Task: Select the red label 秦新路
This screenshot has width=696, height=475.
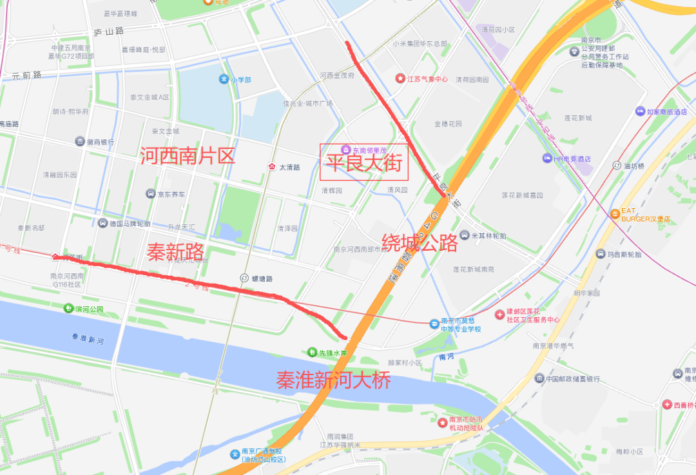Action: [175, 252]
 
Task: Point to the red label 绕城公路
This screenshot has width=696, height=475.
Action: [420, 243]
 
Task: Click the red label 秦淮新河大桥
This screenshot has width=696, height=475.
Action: [333, 380]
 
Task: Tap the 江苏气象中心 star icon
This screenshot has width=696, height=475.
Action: [400, 79]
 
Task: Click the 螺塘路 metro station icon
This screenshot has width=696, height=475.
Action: [244, 278]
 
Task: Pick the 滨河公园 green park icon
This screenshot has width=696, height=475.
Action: [68, 309]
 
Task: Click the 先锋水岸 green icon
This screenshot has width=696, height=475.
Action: [312, 353]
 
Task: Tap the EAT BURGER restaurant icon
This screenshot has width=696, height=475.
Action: [614, 213]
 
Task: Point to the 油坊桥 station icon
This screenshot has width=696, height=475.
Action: [617, 165]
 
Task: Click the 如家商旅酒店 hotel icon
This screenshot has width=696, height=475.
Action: [640, 111]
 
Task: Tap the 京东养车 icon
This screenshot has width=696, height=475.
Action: [150, 193]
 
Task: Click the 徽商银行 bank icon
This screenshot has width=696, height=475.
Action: [79, 141]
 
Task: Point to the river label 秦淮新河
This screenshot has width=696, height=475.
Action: [88, 338]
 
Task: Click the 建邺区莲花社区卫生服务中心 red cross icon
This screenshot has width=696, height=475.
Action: [499, 315]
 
